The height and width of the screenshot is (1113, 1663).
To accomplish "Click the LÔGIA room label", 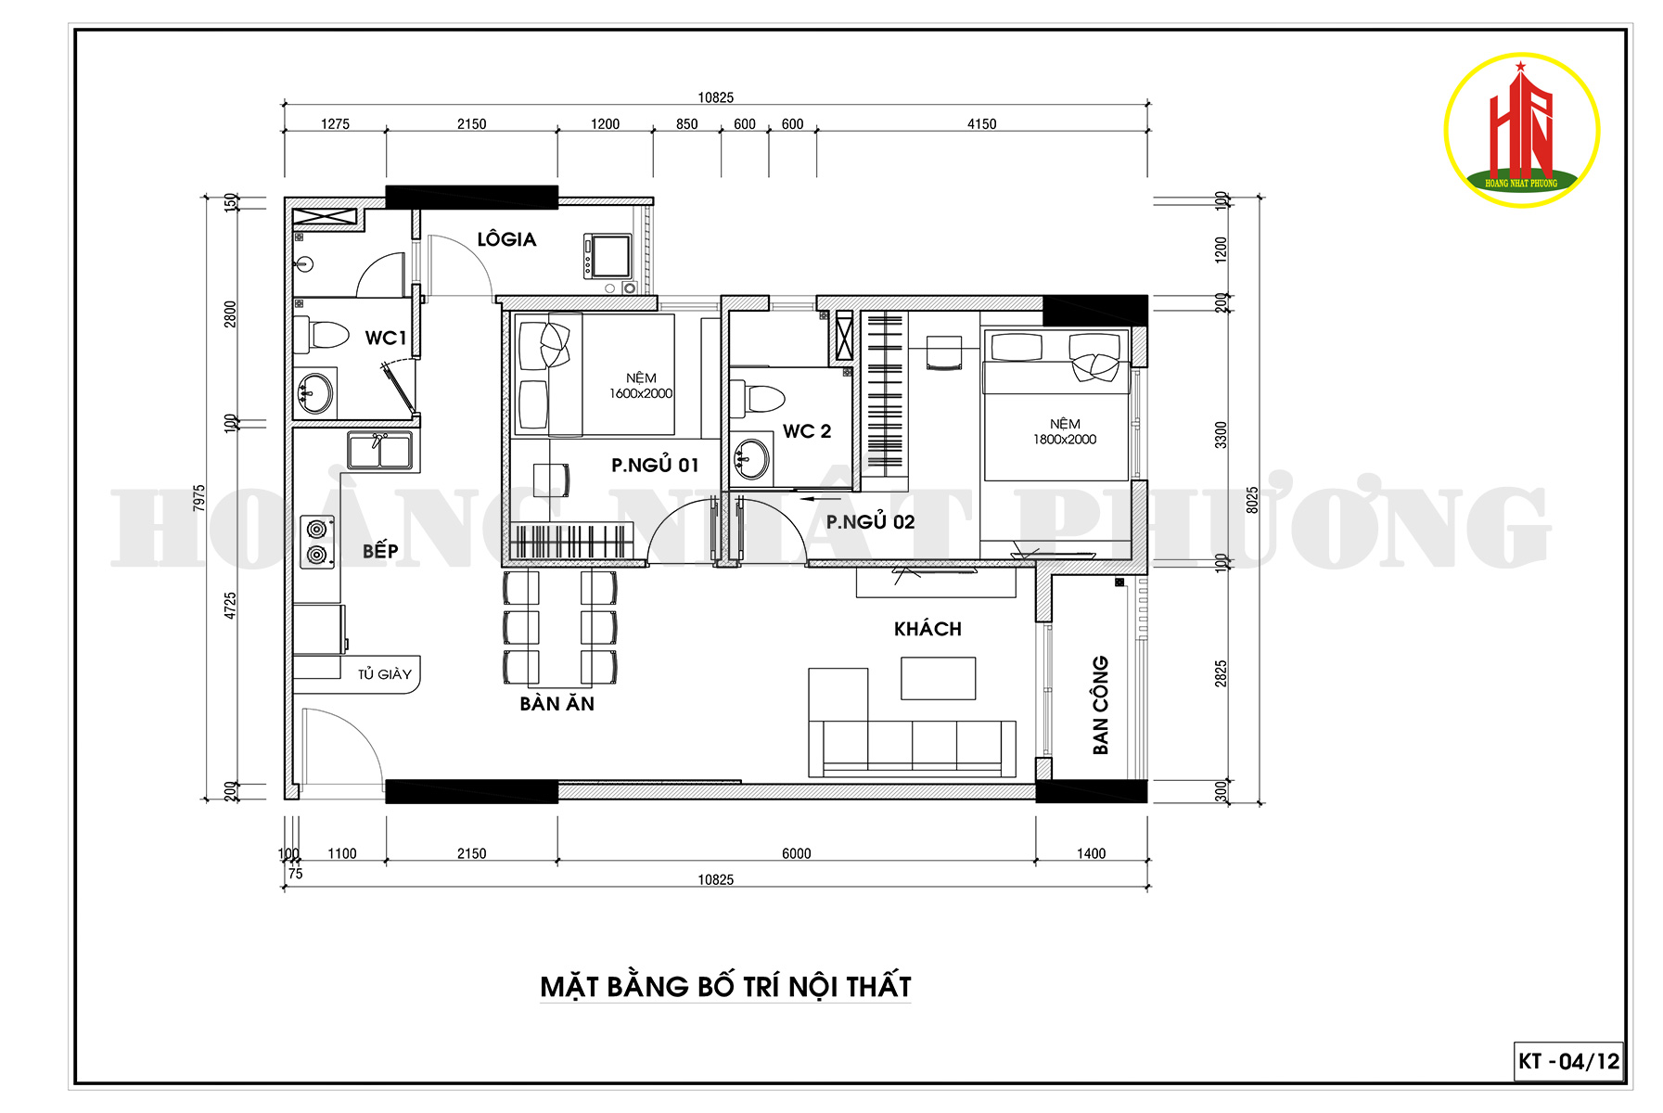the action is pos(506,239).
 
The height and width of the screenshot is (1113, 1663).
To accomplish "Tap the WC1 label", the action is pos(386,338).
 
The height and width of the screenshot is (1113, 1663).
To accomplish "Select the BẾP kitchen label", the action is pos(380,550).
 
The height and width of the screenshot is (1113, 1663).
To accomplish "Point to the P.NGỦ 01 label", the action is pos(655,465).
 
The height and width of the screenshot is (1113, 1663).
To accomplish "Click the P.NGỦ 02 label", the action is pos(870,521).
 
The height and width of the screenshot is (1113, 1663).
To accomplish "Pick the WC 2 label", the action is pos(807,431).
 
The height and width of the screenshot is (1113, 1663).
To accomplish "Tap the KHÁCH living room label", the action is pos(927,629).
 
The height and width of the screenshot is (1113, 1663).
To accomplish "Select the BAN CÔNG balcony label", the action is pos(1101,705).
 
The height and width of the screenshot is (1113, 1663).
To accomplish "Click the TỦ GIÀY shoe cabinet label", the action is pos(385,674).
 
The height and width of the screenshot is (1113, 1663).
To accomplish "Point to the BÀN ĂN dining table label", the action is pos(557,703).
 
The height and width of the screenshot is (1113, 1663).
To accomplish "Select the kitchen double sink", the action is pos(379,450).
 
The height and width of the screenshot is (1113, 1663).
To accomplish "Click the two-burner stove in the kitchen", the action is pos(317,542).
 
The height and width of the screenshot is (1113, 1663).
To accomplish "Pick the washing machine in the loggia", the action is pos(608,256).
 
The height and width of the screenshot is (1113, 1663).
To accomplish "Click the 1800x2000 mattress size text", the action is pos(1065,440).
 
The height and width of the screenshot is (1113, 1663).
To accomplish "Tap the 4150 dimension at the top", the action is pos(981,123).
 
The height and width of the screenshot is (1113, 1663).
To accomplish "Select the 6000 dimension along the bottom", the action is pos(796,853).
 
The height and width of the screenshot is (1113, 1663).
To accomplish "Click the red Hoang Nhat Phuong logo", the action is pos(1521,130).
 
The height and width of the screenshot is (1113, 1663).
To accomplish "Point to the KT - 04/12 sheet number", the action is pos(1569,1061).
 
